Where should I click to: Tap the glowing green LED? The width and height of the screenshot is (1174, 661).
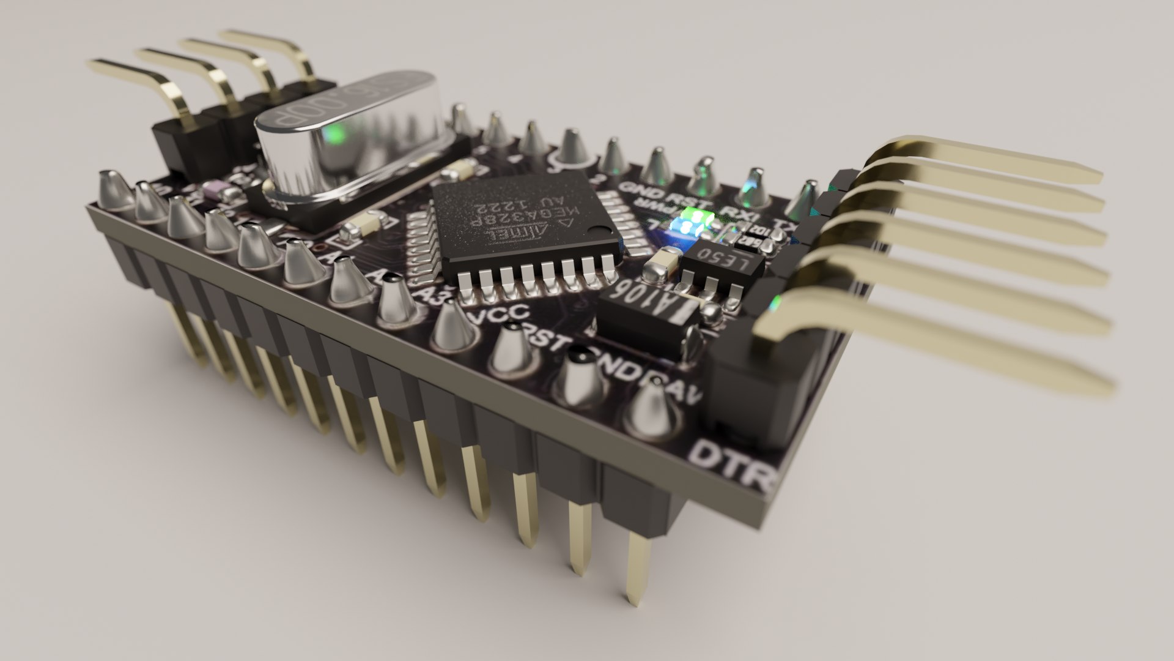pos(693,218)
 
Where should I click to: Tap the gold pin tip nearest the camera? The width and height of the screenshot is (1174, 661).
pos(636,597)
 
